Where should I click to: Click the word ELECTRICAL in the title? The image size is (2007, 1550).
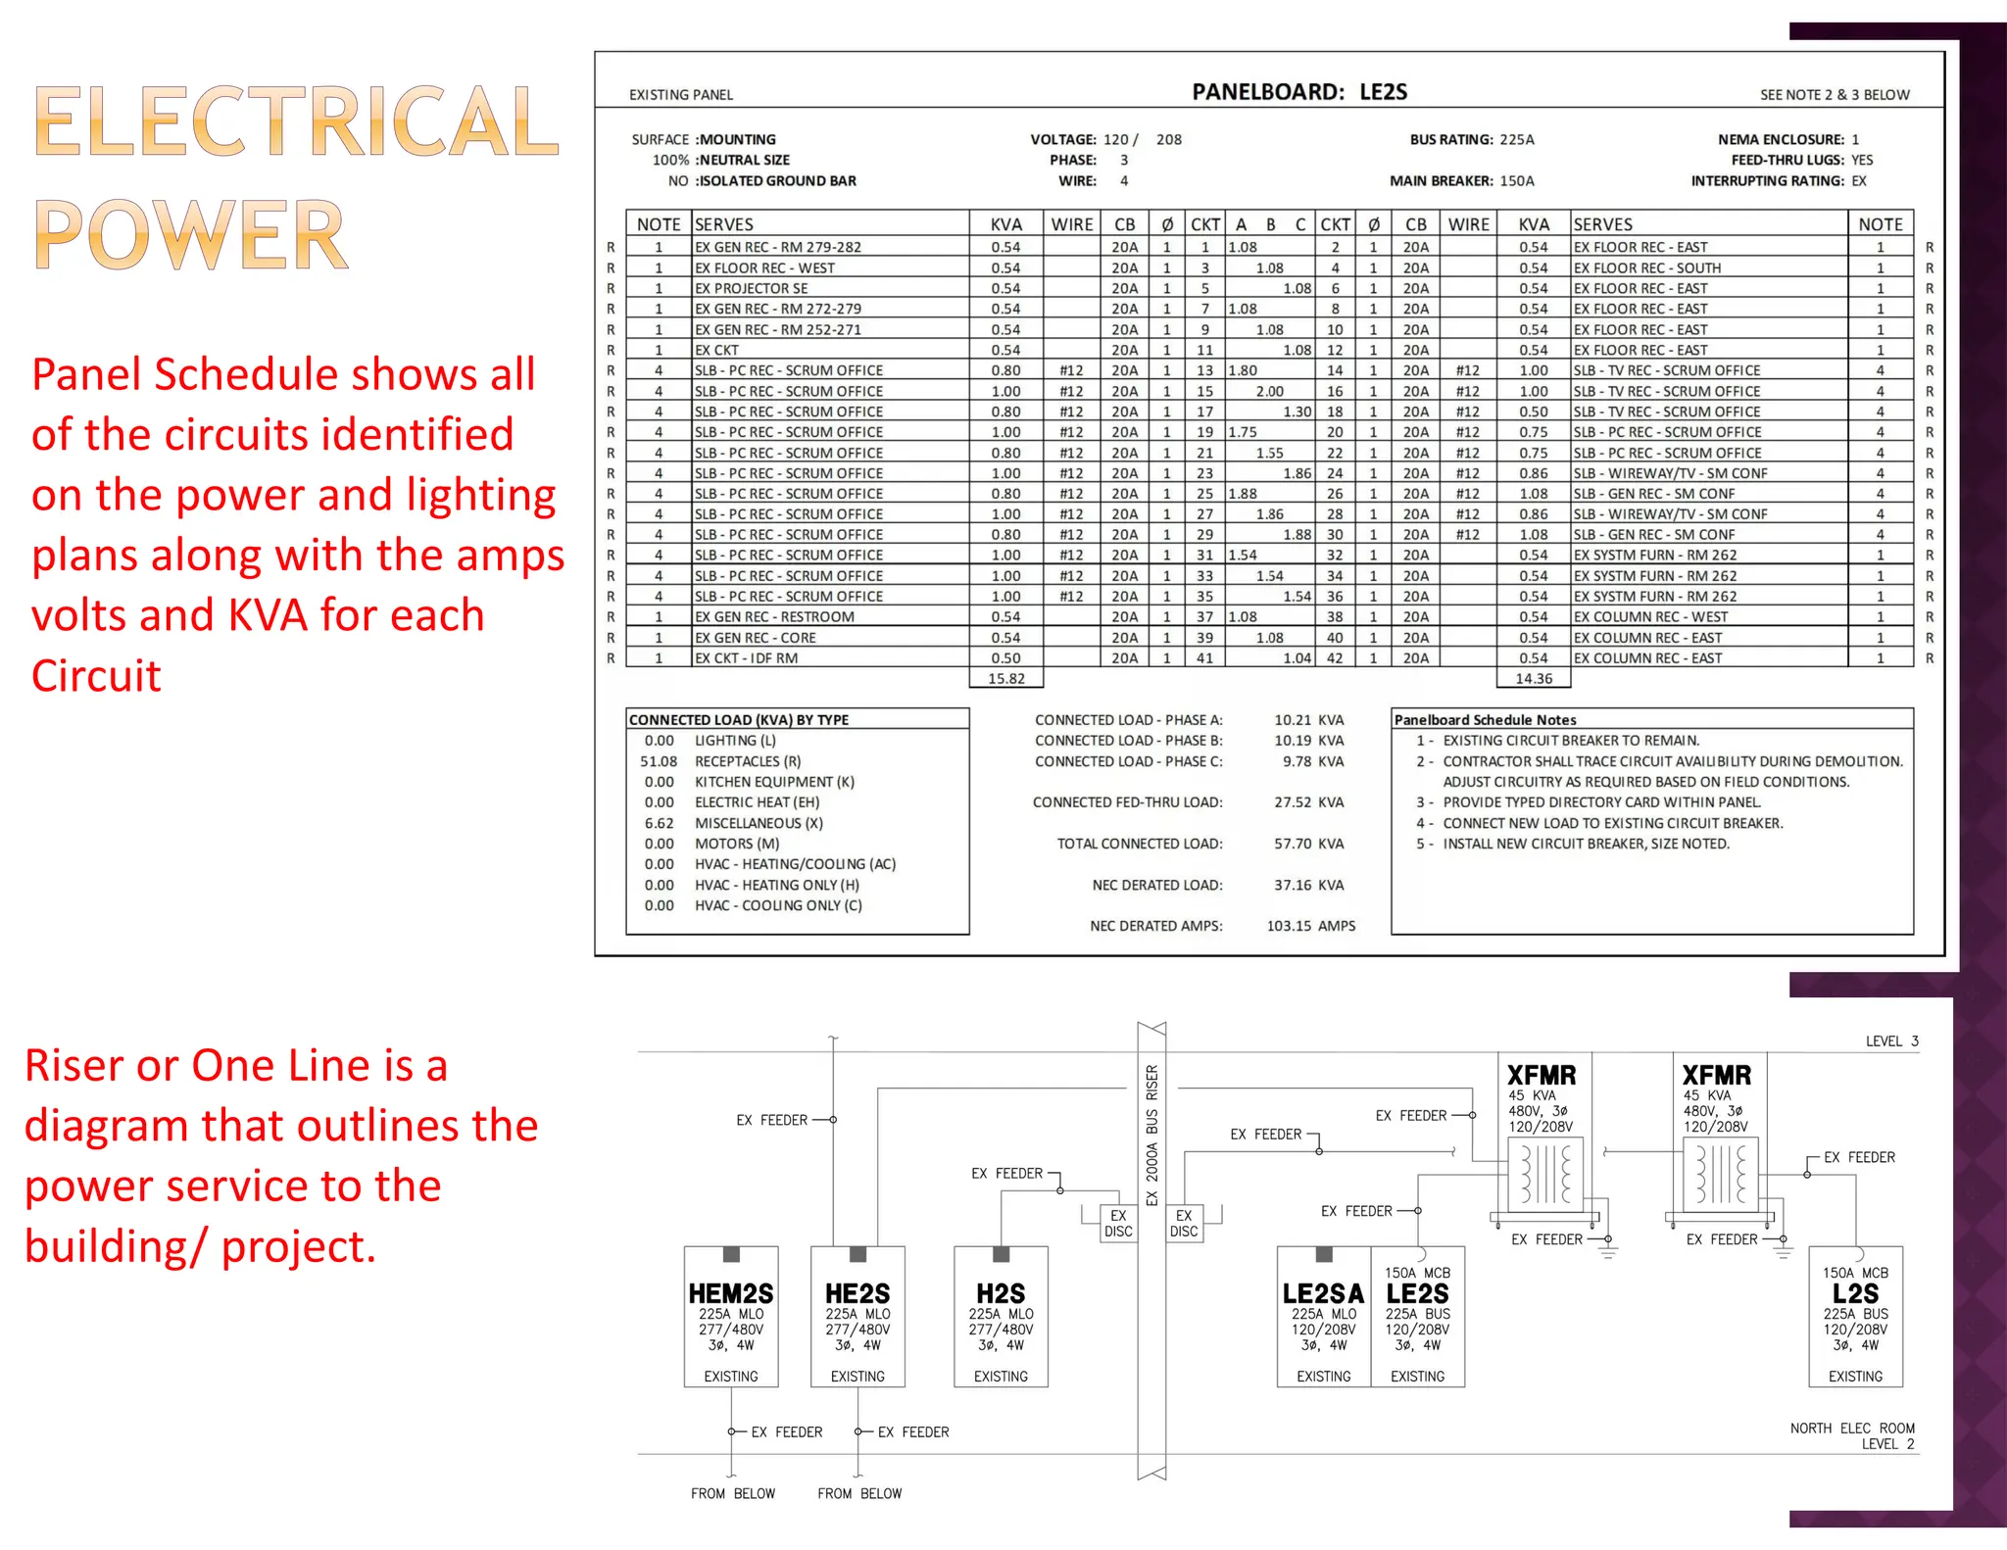[x=296, y=122]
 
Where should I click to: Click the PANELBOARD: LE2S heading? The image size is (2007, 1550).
[x=1298, y=92]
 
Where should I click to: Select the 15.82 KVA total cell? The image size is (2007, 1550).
[x=1006, y=678]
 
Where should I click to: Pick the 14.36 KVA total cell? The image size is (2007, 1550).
[x=1534, y=678]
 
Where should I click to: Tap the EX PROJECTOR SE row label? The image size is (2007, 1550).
[x=751, y=288]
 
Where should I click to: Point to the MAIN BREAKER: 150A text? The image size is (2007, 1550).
[x=1461, y=180]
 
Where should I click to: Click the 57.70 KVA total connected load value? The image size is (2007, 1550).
[x=1308, y=844]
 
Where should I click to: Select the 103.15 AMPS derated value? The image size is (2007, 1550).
[x=1310, y=926]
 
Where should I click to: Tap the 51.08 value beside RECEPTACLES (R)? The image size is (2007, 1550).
[x=659, y=761]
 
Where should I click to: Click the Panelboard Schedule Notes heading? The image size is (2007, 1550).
[x=1485, y=719]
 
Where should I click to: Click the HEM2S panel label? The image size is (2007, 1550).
[x=730, y=1294]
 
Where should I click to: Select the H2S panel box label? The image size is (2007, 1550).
[x=1001, y=1294]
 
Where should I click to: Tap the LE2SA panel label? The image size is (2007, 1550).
[x=1323, y=1294]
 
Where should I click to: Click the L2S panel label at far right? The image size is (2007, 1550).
[x=1855, y=1294]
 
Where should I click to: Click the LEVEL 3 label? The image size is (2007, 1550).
[x=1891, y=1041]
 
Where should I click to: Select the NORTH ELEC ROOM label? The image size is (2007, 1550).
[x=1851, y=1429]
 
